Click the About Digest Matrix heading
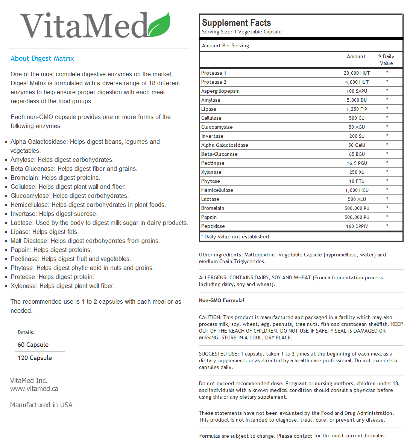42,59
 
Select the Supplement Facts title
236,23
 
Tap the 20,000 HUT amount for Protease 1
357,73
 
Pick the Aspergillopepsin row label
220,91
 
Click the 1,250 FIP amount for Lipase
357,109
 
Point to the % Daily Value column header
386,60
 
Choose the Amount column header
356,57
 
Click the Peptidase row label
213,226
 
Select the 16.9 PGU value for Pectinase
357,163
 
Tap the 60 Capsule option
33,345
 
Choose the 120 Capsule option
35,358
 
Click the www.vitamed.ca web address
34,389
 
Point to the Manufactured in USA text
41,405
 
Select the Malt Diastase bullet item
85,241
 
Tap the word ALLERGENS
213,278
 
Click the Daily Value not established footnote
236,237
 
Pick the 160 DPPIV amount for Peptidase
357,226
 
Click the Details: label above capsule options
26,333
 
